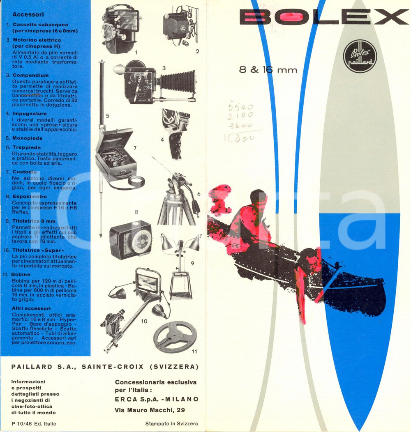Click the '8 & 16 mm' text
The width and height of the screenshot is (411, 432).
point(268,69)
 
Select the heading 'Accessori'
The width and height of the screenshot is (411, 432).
point(25,14)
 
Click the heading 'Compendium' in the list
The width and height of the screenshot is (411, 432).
point(30,75)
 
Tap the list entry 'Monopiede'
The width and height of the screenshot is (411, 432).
point(27,138)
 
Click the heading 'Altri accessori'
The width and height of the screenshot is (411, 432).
point(31,308)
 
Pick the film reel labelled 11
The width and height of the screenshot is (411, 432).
point(174,337)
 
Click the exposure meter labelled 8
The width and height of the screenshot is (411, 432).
point(131,239)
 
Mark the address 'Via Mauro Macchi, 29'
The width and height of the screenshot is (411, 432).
point(150,410)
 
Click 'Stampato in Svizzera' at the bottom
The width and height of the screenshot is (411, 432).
point(171,423)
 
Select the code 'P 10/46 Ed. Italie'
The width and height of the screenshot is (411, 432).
point(34,423)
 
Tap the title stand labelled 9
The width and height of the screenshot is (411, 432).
point(181,267)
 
